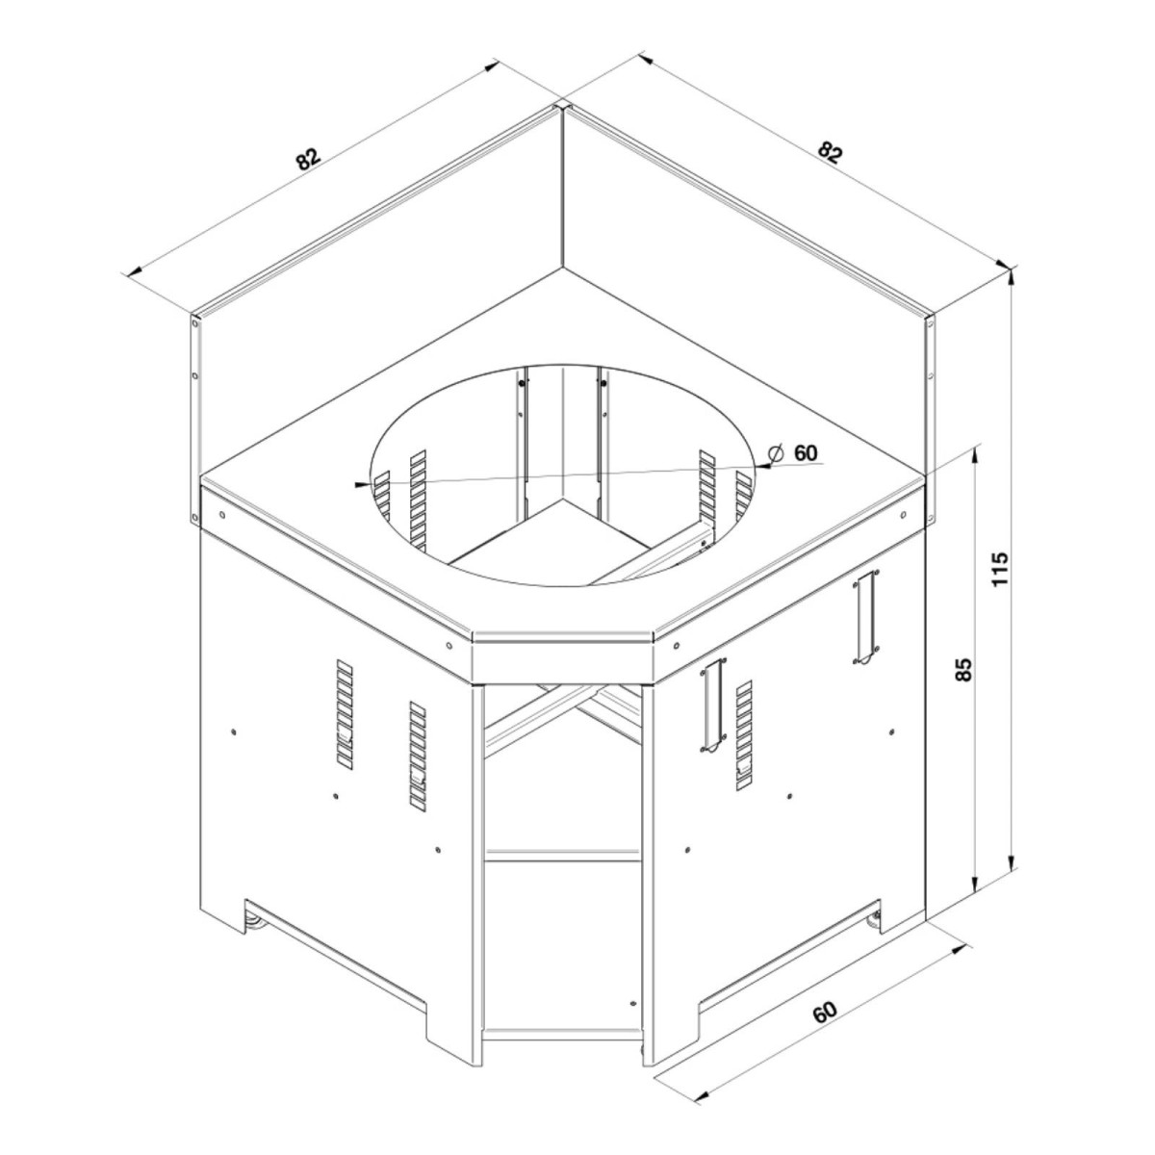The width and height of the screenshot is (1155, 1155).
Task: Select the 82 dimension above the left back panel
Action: (309, 158)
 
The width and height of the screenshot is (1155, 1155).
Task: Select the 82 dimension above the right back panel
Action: (830, 152)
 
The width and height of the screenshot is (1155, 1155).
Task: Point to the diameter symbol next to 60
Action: (776, 452)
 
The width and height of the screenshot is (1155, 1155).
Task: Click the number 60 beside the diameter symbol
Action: (806, 452)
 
